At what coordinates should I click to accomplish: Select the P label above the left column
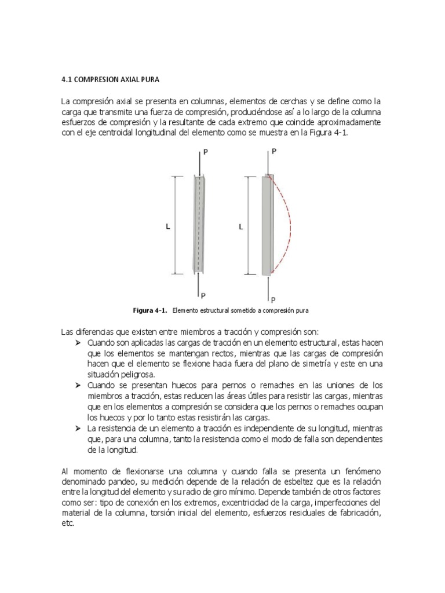206,152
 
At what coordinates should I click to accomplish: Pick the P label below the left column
205,295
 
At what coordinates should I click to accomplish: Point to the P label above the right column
274,151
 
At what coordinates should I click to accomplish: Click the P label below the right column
273,300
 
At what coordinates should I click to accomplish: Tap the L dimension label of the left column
168,228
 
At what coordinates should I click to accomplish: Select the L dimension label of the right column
240,228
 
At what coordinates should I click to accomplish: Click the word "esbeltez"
315,482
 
